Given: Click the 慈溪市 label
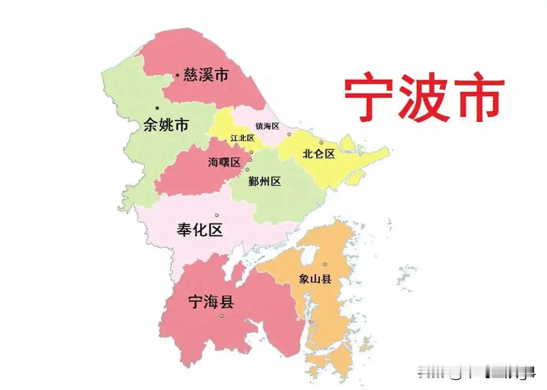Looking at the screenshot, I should (x=206, y=76).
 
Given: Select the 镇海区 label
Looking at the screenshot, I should (x=267, y=126).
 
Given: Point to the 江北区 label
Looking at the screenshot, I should (x=242, y=138).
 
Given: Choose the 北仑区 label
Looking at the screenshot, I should (x=318, y=154).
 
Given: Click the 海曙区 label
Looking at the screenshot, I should (x=224, y=163).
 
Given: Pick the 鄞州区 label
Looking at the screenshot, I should (x=265, y=181).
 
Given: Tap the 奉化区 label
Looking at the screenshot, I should (x=200, y=230).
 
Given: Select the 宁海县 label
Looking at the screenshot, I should (x=211, y=302).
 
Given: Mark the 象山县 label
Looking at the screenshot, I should (x=315, y=279).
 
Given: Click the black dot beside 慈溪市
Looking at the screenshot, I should (x=177, y=76).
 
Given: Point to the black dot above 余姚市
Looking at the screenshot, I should (x=157, y=108).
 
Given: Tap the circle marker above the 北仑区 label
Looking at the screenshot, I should (x=321, y=143).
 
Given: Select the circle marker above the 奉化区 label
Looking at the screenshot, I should (x=217, y=215).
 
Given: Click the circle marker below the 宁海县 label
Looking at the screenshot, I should (x=221, y=316).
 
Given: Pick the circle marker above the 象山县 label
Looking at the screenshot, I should (x=325, y=264).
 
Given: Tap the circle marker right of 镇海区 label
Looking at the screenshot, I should (x=289, y=134).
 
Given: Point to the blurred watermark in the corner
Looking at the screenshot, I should (x=476, y=371).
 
